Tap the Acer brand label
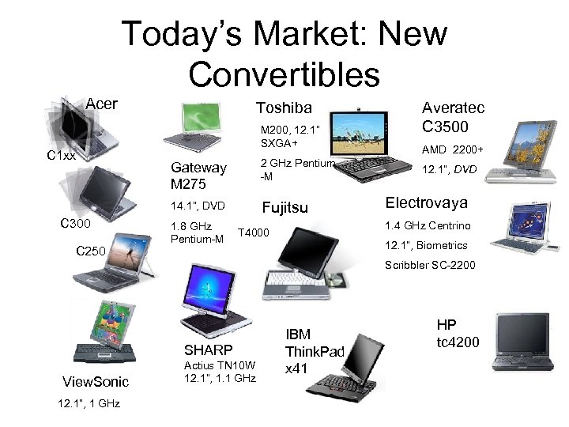click(101, 104)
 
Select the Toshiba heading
click(284, 108)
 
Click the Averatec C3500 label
click(453, 117)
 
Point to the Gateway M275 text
click(198, 176)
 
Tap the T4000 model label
click(254, 232)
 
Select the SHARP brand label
click(208, 350)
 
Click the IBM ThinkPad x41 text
click(315, 351)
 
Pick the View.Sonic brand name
click(95, 382)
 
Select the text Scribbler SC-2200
click(430, 265)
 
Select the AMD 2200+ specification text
click(452, 150)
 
